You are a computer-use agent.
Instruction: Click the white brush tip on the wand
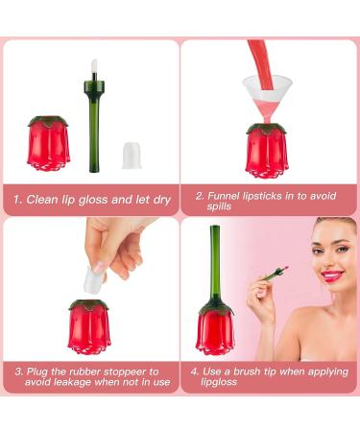point(95,70)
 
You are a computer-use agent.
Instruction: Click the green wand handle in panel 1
point(94,134)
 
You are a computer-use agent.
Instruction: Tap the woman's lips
point(332,275)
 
